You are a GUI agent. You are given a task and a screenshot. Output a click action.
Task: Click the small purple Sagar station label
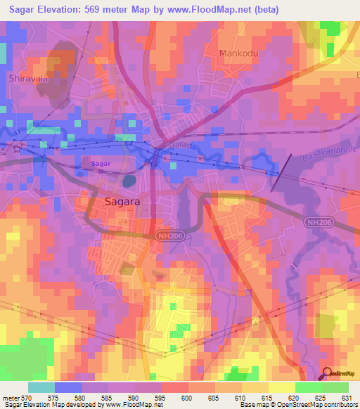pyautogui.click(x=101, y=163)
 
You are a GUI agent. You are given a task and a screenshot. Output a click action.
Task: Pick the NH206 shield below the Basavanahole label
pyautogui.click(x=319, y=222)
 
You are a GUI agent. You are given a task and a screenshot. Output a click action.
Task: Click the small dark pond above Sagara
pyautogui.click(x=129, y=181)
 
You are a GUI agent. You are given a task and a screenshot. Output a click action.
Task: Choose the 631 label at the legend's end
pyautogui.click(x=347, y=398)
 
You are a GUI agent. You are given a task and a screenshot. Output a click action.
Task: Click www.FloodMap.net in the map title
pyautogui.click(x=217, y=10)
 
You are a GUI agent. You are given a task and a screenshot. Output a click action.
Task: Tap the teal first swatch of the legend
pyautogui.click(x=41, y=387)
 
